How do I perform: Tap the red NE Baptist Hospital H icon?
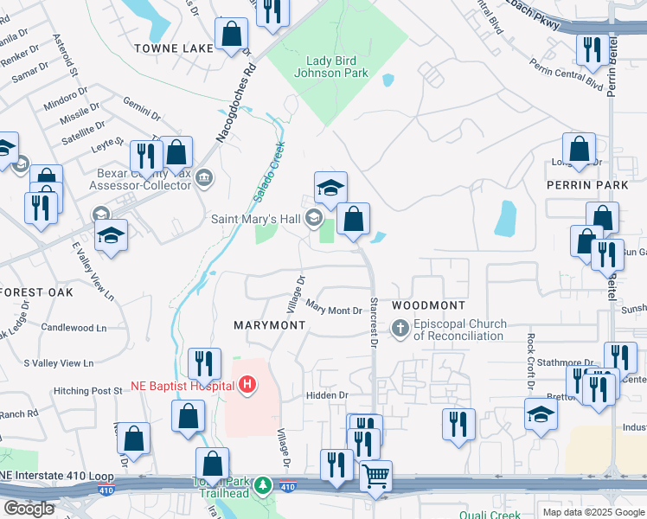(247, 384)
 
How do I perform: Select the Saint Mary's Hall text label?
(257, 219)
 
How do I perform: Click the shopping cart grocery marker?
(375, 476)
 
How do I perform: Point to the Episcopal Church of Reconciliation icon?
(400, 329)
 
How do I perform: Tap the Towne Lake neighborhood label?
(173, 48)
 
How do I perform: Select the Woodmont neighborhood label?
(428, 305)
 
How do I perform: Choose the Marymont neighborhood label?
(270, 324)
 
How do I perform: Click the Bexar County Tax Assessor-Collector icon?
(204, 179)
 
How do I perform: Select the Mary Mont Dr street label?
(333, 309)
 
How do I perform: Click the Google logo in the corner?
(29, 509)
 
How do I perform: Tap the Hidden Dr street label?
(325, 395)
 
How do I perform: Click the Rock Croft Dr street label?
(530, 360)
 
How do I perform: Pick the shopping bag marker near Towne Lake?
(232, 35)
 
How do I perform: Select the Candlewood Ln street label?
(74, 328)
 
